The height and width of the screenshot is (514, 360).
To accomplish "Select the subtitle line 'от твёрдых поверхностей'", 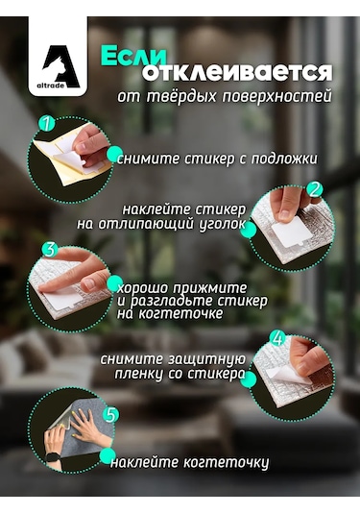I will point(224,96).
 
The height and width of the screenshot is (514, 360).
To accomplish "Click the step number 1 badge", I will point(45,125).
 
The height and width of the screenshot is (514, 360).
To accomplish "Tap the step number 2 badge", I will point(313,189).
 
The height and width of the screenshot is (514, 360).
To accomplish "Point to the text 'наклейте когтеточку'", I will point(189,462).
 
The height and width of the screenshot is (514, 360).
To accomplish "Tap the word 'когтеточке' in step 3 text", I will point(171,313).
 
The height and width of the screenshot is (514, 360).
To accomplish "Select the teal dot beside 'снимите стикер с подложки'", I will point(114,154).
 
